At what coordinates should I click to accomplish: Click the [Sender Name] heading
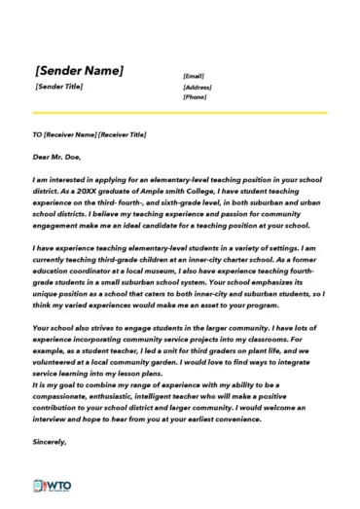point(79,71)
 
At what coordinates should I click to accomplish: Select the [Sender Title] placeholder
point(58,87)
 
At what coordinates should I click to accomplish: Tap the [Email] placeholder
point(194,76)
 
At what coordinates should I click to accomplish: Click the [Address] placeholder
point(198,87)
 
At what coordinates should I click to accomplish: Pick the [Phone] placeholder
point(195,97)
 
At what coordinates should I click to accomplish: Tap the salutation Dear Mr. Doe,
point(56,156)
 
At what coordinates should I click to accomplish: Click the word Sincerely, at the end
point(50,443)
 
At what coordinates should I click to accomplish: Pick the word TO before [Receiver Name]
point(37,134)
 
